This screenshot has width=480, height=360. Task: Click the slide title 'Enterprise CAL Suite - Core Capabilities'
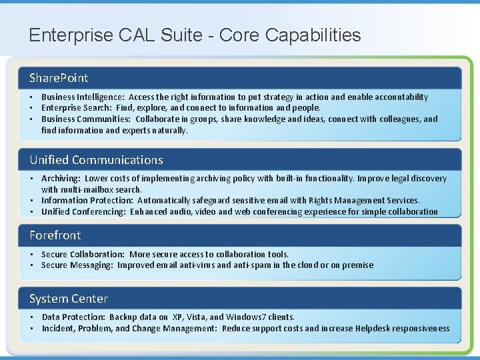195,35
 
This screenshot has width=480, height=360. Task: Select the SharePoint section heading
59,78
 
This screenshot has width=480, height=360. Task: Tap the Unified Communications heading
96,160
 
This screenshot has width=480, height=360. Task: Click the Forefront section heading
55,235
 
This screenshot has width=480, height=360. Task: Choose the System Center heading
68,299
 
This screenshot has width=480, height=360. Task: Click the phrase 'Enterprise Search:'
76,108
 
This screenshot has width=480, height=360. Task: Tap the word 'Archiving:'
61,179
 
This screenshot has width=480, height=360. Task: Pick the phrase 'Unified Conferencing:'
83,212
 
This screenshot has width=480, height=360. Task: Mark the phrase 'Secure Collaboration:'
83,255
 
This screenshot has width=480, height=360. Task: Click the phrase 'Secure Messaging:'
77,265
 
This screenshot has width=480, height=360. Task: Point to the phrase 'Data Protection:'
73,317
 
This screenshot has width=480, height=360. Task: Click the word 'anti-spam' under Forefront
253,265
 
